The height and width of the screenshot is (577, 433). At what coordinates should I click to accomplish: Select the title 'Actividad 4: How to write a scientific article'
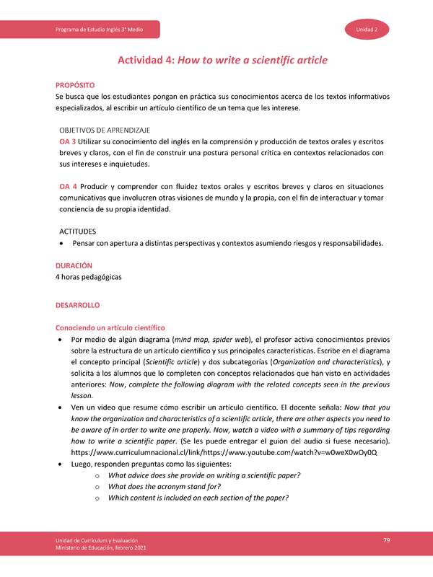coord(216,61)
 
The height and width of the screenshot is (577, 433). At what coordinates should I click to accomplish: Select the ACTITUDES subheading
coord(77,232)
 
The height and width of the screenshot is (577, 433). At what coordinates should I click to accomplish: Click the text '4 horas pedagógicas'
coord(89,277)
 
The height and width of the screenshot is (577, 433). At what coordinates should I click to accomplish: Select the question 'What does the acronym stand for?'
coord(179,486)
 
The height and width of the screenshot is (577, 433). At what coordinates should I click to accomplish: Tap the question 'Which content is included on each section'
coord(198,498)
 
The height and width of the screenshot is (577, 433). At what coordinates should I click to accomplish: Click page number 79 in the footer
coord(387,541)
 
